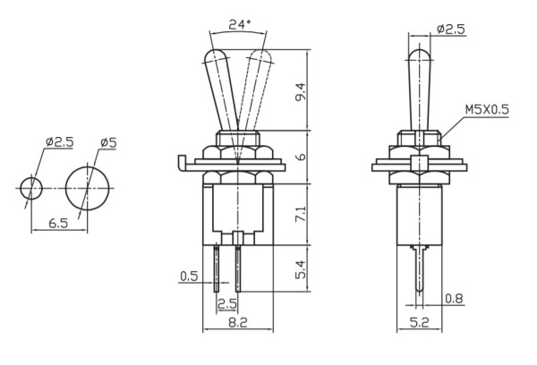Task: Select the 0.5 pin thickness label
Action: (x=188, y=276)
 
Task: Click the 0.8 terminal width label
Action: (x=455, y=299)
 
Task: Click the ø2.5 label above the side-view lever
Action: (x=452, y=29)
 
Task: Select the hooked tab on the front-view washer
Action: (x=181, y=162)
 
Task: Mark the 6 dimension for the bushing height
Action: (x=302, y=157)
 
